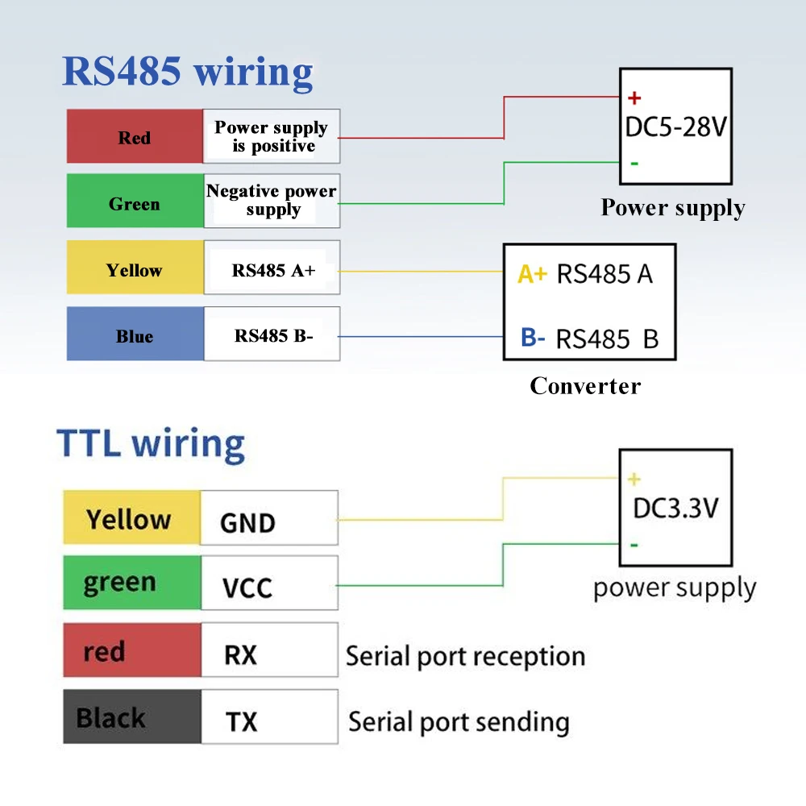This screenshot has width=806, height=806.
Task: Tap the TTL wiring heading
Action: click(x=151, y=444)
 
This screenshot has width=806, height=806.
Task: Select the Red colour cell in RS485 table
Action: click(x=135, y=136)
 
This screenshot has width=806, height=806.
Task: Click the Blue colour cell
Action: click(x=135, y=334)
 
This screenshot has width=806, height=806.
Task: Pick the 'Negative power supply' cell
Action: click(x=272, y=201)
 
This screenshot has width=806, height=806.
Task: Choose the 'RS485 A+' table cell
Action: click(x=272, y=268)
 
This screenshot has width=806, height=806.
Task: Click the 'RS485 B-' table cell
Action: click(x=272, y=334)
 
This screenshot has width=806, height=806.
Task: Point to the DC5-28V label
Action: click(x=676, y=127)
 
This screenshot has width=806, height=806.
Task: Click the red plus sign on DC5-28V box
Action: click(x=634, y=98)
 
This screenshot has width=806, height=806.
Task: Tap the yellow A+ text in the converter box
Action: click(x=533, y=274)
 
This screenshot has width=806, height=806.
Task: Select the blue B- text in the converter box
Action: click(x=533, y=338)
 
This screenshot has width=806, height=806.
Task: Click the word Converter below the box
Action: click(x=585, y=386)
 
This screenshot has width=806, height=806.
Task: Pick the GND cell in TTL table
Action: click(x=269, y=517)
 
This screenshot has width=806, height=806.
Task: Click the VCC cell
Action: click(x=269, y=583)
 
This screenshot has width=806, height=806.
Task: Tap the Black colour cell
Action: click(x=132, y=717)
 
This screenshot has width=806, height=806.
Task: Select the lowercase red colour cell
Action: click(x=132, y=650)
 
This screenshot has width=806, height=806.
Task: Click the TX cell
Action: click(x=269, y=717)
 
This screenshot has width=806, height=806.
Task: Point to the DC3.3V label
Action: click(x=675, y=509)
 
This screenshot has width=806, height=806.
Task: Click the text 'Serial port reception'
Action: click(x=465, y=657)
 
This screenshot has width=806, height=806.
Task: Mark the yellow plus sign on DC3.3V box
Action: click(x=634, y=479)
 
